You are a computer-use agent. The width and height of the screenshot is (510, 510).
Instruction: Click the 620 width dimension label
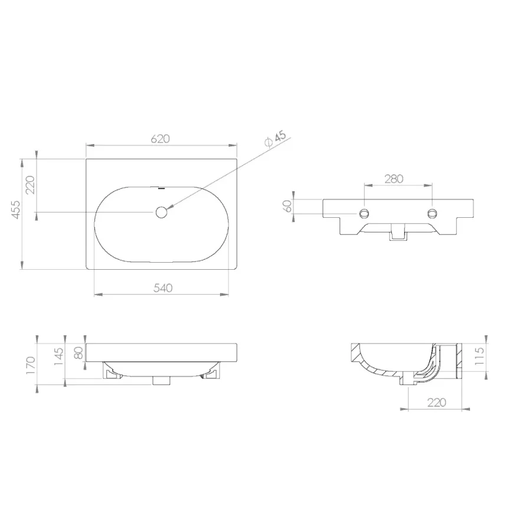pos(161,139)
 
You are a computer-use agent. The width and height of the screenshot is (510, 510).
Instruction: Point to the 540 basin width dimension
pos(162,288)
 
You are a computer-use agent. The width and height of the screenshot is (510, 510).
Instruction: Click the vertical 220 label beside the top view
pos(31,185)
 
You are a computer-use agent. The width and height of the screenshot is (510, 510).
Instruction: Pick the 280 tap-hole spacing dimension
pos(394,179)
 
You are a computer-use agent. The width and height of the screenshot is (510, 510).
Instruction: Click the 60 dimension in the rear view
pos(287,206)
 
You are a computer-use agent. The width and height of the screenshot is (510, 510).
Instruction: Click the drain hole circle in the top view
pos(161,212)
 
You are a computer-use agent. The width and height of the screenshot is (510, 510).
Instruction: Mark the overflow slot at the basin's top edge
pos(161,189)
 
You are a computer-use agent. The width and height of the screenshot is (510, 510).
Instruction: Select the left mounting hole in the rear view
pos(365,212)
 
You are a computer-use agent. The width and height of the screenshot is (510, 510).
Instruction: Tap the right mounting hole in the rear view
pos(433,212)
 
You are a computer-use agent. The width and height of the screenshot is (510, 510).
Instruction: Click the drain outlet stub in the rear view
pos(398,235)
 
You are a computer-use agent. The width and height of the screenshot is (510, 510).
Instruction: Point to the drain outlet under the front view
pos(161,380)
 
